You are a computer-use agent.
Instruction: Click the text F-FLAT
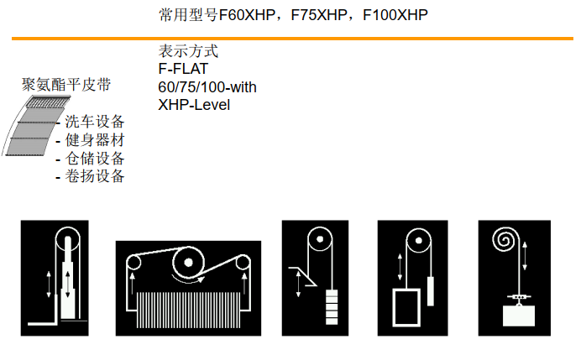182,69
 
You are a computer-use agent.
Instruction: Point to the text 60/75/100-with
207,87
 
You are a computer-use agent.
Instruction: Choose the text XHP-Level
194,105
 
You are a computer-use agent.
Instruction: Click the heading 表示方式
187,51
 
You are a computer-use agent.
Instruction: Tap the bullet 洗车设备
95,122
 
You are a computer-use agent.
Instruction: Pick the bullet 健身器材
95,140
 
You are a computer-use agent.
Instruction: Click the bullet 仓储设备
95,159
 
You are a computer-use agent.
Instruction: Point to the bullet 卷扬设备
95,176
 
